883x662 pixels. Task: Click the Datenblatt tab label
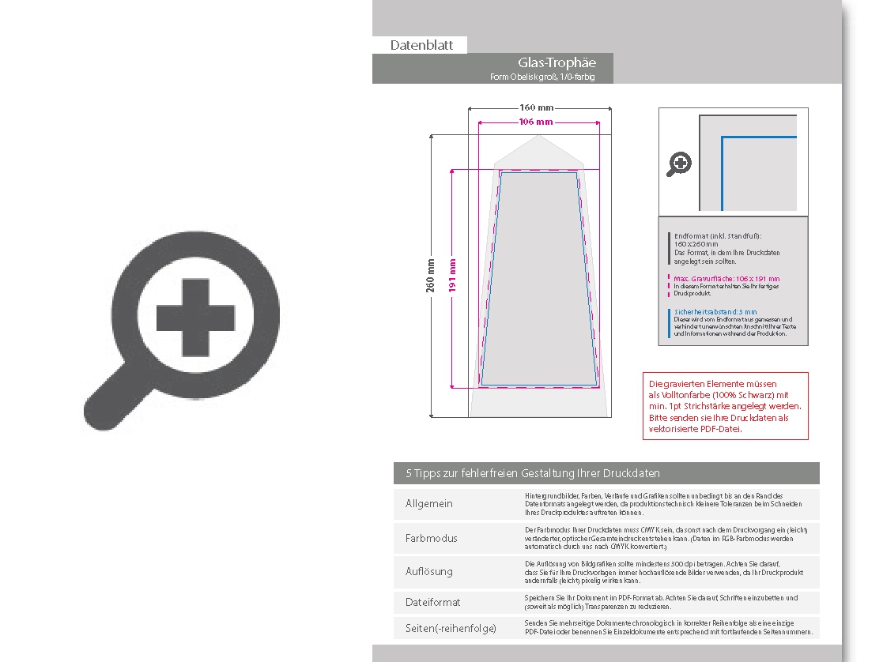(421, 46)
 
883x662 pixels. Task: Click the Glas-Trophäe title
(557, 62)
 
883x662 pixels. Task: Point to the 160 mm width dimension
(537, 107)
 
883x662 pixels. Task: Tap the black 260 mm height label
(431, 276)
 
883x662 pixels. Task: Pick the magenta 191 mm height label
(453, 276)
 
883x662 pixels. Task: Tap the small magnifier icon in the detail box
(679, 164)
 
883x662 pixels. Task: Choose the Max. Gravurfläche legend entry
(726, 279)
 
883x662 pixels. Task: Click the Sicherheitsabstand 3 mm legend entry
(715, 312)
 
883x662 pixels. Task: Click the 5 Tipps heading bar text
(533, 473)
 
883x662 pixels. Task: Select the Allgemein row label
(429, 504)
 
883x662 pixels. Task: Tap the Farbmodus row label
(431, 538)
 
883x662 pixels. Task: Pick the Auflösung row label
(430, 571)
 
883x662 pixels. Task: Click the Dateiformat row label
(432, 602)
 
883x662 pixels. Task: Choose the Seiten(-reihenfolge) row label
(451, 628)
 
